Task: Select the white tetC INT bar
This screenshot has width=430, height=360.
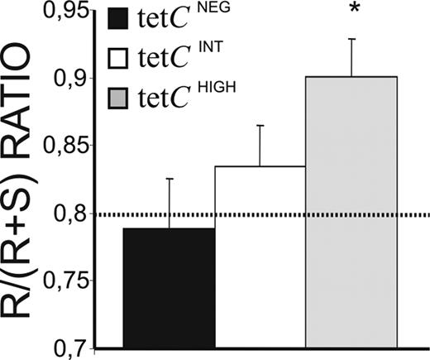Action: tap(260, 257)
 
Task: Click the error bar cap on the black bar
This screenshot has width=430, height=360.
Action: tap(170, 179)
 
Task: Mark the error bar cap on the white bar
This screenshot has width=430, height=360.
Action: tap(260, 126)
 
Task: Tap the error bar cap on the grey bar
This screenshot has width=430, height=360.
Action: tap(352, 39)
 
